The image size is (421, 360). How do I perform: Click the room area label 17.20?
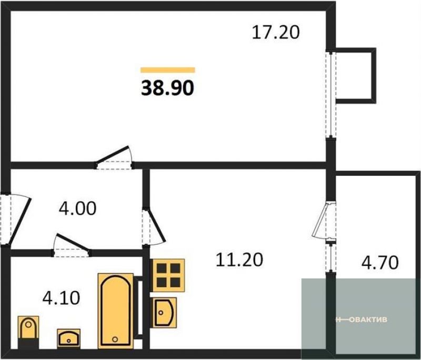pyautogui.click(x=276, y=33)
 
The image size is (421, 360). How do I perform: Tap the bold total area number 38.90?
pyautogui.click(x=167, y=88)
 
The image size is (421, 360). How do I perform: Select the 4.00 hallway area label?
pyautogui.click(x=77, y=208)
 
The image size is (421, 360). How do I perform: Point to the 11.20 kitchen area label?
pyautogui.click(x=239, y=260)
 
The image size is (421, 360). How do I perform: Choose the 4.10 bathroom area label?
pyautogui.click(x=61, y=298)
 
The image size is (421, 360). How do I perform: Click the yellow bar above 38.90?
pyautogui.click(x=168, y=70)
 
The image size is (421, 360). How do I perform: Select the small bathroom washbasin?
pyautogui.click(x=69, y=338)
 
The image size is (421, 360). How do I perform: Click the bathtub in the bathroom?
pyautogui.click(x=116, y=311)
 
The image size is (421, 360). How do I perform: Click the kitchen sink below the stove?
pyautogui.click(x=164, y=313)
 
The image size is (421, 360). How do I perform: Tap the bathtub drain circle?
pyautogui.click(x=115, y=339)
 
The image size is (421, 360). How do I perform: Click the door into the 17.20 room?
pyautogui.click(x=114, y=158)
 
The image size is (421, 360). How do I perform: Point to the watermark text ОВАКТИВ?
pyautogui.click(x=369, y=319)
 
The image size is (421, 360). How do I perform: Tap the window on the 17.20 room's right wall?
pyautogui.click(x=331, y=95)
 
